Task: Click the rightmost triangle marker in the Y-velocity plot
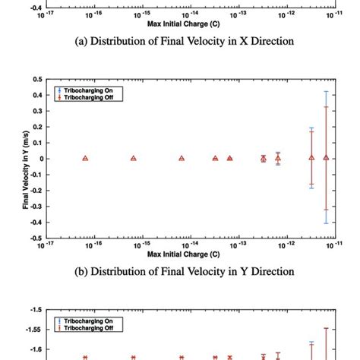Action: click(327, 157)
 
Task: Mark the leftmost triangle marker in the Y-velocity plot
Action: click(85, 158)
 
